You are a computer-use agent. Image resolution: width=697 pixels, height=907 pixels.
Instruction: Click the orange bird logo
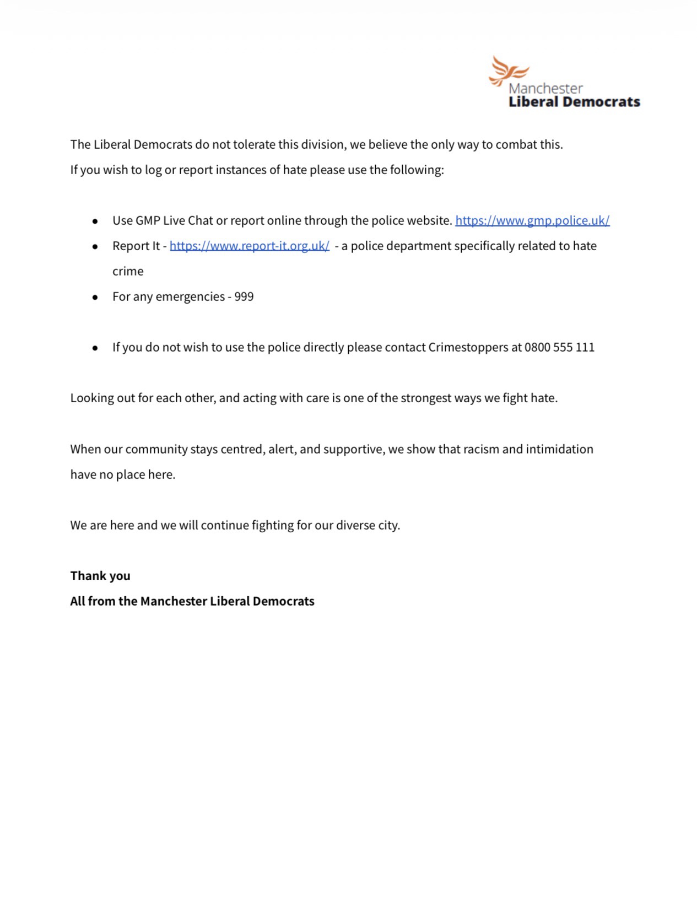(507, 71)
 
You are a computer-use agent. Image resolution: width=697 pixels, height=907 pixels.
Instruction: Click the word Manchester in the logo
(545, 88)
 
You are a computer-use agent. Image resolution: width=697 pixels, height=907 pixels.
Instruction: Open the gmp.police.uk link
(532, 220)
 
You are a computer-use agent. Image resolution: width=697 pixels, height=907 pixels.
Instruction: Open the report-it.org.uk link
(250, 246)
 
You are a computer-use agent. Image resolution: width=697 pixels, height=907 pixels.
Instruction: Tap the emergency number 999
(244, 296)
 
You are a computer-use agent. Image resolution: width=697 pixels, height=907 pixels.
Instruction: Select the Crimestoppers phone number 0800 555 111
(559, 347)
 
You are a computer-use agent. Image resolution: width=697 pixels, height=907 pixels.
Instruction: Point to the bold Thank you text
(100, 576)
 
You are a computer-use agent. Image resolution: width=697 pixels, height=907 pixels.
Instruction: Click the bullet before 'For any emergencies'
(95, 297)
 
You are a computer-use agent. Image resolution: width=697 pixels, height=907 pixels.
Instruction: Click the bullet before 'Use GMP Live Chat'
(95, 221)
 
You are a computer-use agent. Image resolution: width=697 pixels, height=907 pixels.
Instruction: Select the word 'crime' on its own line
(128, 271)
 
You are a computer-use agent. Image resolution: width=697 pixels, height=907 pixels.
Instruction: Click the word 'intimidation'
(559, 449)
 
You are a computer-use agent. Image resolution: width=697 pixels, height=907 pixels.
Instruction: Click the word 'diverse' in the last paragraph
(355, 525)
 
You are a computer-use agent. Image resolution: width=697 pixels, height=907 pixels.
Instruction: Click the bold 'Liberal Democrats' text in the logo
(574, 102)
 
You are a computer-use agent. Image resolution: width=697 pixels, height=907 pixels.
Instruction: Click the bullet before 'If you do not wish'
(95, 348)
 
